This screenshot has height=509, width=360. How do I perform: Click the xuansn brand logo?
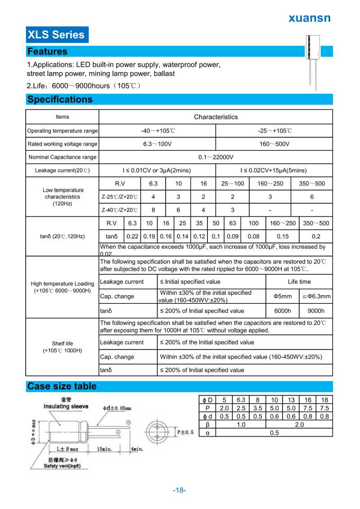click(x=309, y=18)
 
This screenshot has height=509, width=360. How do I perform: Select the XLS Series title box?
click(x=56, y=35)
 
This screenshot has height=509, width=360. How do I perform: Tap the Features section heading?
click(x=47, y=51)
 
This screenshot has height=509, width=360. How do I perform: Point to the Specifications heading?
click(x=60, y=99)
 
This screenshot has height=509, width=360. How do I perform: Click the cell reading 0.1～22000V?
click(x=216, y=157)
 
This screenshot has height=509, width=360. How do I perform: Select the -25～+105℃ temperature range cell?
click(x=274, y=131)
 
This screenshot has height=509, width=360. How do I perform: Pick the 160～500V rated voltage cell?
click(x=274, y=144)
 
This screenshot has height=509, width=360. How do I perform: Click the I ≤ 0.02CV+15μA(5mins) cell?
click(x=274, y=170)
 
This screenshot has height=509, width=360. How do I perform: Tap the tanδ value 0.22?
click(x=132, y=236)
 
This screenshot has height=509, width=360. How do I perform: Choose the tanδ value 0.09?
click(x=233, y=236)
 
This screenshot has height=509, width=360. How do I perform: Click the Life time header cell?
click(x=299, y=282)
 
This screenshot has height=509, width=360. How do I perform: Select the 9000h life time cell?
click(x=315, y=311)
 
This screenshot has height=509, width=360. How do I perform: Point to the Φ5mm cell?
click(x=283, y=296)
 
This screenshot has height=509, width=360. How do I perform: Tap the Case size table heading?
click(x=62, y=386)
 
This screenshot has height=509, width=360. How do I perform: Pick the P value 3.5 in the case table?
click(x=257, y=408)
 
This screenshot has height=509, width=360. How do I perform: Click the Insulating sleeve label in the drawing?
click(x=66, y=406)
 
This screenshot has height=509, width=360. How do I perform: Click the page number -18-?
click(x=180, y=491)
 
